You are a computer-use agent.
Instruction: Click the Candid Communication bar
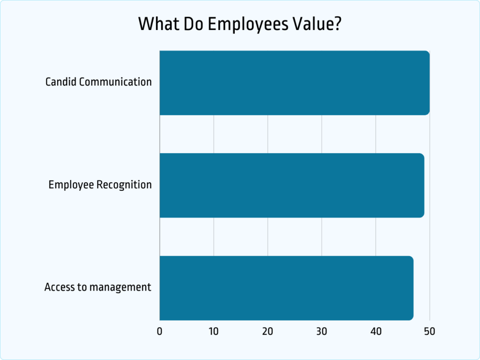pyautogui.click(x=294, y=83)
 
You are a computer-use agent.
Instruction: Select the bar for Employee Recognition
pyautogui.click(x=292, y=185)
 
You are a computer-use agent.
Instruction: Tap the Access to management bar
pyautogui.click(x=286, y=288)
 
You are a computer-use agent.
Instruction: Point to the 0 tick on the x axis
pyautogui.click(x=160, y=332)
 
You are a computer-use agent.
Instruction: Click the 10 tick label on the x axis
pyautogui.click(x=214, y=332)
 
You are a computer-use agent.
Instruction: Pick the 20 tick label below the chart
pyautogui.click(x=268, y=332)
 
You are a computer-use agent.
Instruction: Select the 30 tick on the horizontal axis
pyautogui.click(x=322, y=332)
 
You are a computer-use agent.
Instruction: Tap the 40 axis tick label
pyautogui.click(x=376, y=332)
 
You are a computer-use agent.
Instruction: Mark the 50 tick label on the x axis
pyautogui.click(x=429, y=332)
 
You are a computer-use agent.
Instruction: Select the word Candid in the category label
pyautogui.click(x=60, y=82)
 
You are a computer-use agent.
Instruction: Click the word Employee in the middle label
pyautogui.click(x=71, y=185)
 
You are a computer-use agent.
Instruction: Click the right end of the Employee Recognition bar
pyautogui.click(x=422, y=185)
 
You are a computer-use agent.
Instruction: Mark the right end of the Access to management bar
pyautogui.click(x=412, y=288)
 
